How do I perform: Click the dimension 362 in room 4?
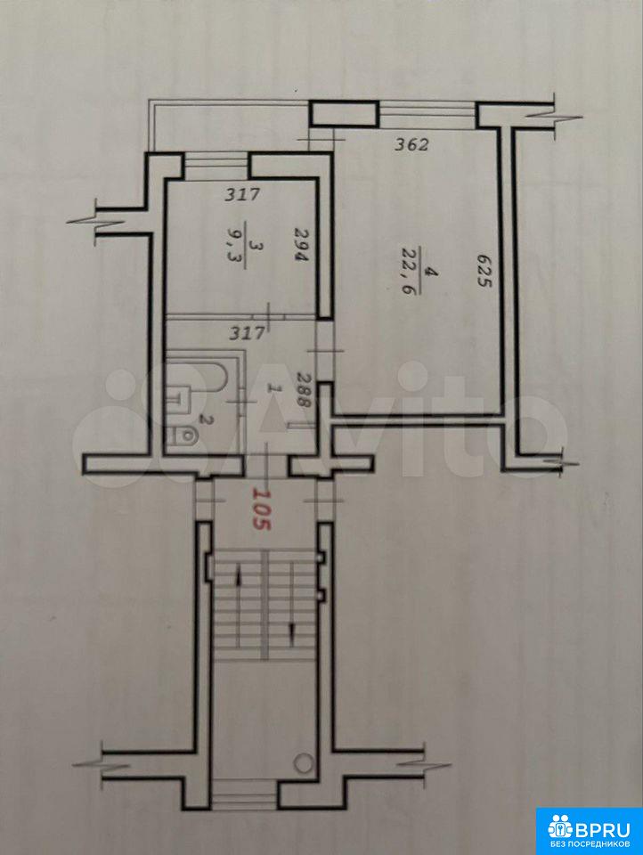(x=412, y=145)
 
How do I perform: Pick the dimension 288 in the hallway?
(x=303, y=389)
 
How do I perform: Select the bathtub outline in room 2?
(x=202, y=376)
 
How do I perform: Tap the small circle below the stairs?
(x=302, y=762)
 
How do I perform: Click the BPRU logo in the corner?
(x=589, y=831)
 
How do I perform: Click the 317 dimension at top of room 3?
(x=243, y=195)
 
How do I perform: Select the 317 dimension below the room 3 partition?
(x=247, y=332)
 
